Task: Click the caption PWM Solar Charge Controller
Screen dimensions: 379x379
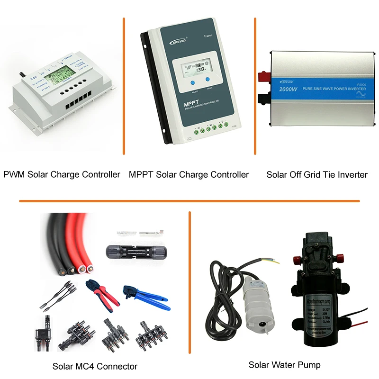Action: pos(62,174)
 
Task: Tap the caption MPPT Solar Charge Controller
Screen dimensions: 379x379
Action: pos(189,174)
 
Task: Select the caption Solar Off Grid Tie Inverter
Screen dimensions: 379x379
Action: pos(316,174)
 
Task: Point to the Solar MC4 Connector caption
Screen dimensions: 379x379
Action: pos(95,366)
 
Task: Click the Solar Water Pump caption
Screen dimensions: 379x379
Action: pos(284,365)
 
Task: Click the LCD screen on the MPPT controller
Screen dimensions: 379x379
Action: pos(194,69)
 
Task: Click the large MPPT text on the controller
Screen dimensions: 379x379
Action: pos(180,103)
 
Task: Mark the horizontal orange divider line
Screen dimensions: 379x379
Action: pos(189,201)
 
